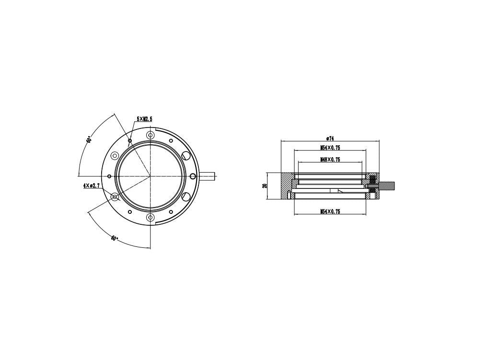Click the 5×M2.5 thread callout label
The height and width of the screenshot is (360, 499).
(145, 118)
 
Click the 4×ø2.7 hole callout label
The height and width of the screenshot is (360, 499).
(91, 185)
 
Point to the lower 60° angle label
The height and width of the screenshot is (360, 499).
(114, 238)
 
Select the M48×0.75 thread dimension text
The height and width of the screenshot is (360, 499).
(330, 160)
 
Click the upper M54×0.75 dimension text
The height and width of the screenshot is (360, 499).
(330, 148)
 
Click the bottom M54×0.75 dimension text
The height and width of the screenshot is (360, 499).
(330, 211)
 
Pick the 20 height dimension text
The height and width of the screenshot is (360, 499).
(265, 186)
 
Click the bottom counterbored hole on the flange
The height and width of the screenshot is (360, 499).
(150, 218)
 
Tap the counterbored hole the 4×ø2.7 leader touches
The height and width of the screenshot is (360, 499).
(115, 197)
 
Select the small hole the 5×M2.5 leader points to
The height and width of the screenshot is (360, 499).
(129, 141)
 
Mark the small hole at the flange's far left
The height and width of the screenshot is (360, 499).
(109, 176)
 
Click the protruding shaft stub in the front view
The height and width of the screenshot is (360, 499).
(208, 176)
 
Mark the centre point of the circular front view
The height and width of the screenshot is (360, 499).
(150, 176)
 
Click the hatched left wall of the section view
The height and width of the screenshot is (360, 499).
(286, 186)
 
